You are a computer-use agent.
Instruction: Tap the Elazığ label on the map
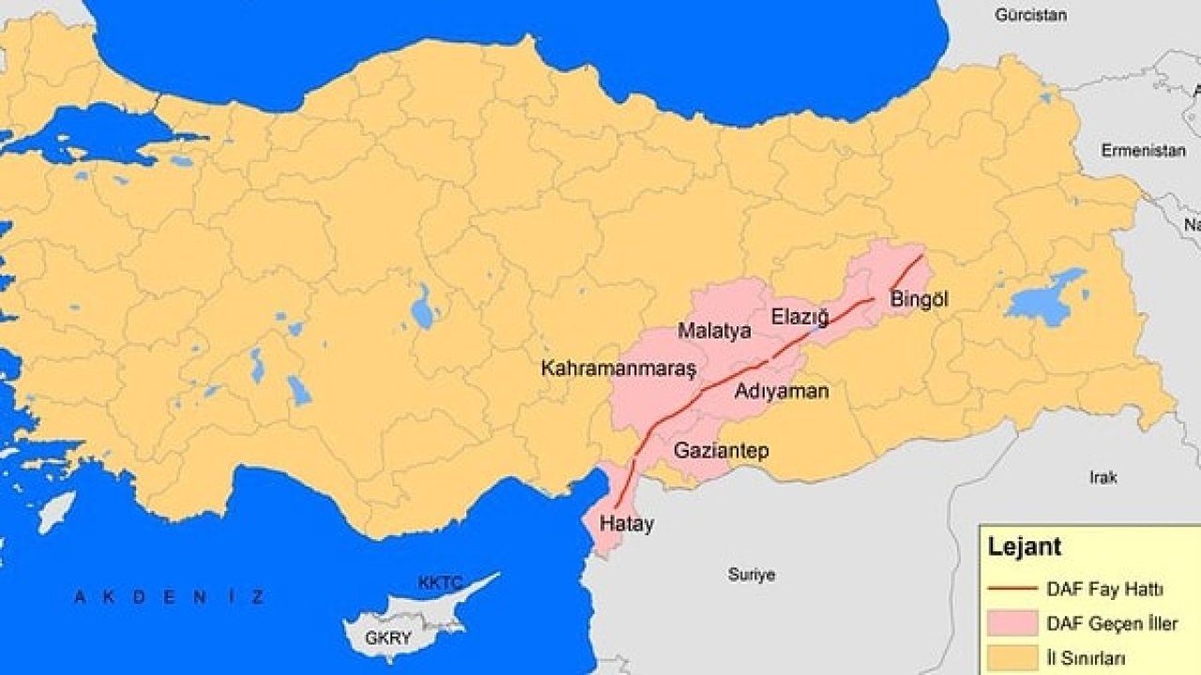pyautogui.click(x=799, y=317)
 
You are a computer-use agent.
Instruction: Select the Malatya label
pyautogui.click(x=714, y=331)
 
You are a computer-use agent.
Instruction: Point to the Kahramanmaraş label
pyautogui.click(x=618, y=368)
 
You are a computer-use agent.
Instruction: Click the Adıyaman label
pyautogui.click(x=782, y=391)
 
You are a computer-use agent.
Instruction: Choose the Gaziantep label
pyautogui.click(x=721, y=451)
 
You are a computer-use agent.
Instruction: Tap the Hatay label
pyautogui.click(x=628, y=524)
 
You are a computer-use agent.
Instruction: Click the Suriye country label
pyautogui.click(x=752, y=575)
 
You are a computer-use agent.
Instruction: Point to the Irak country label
pyautogui.click(x=1103, y=477)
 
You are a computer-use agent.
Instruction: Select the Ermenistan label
pyautogui.click(x=1137, y=150)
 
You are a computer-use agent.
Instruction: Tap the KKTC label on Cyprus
pyautogui.click(x=440, y=583)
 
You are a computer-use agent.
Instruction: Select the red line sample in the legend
pyautogui.click(x=1012, y=591)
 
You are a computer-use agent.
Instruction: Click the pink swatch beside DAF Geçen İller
pyautogui.click(x=1012, y=623)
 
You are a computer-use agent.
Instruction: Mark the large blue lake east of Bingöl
pyautogui.click(x=1043, y=300)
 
